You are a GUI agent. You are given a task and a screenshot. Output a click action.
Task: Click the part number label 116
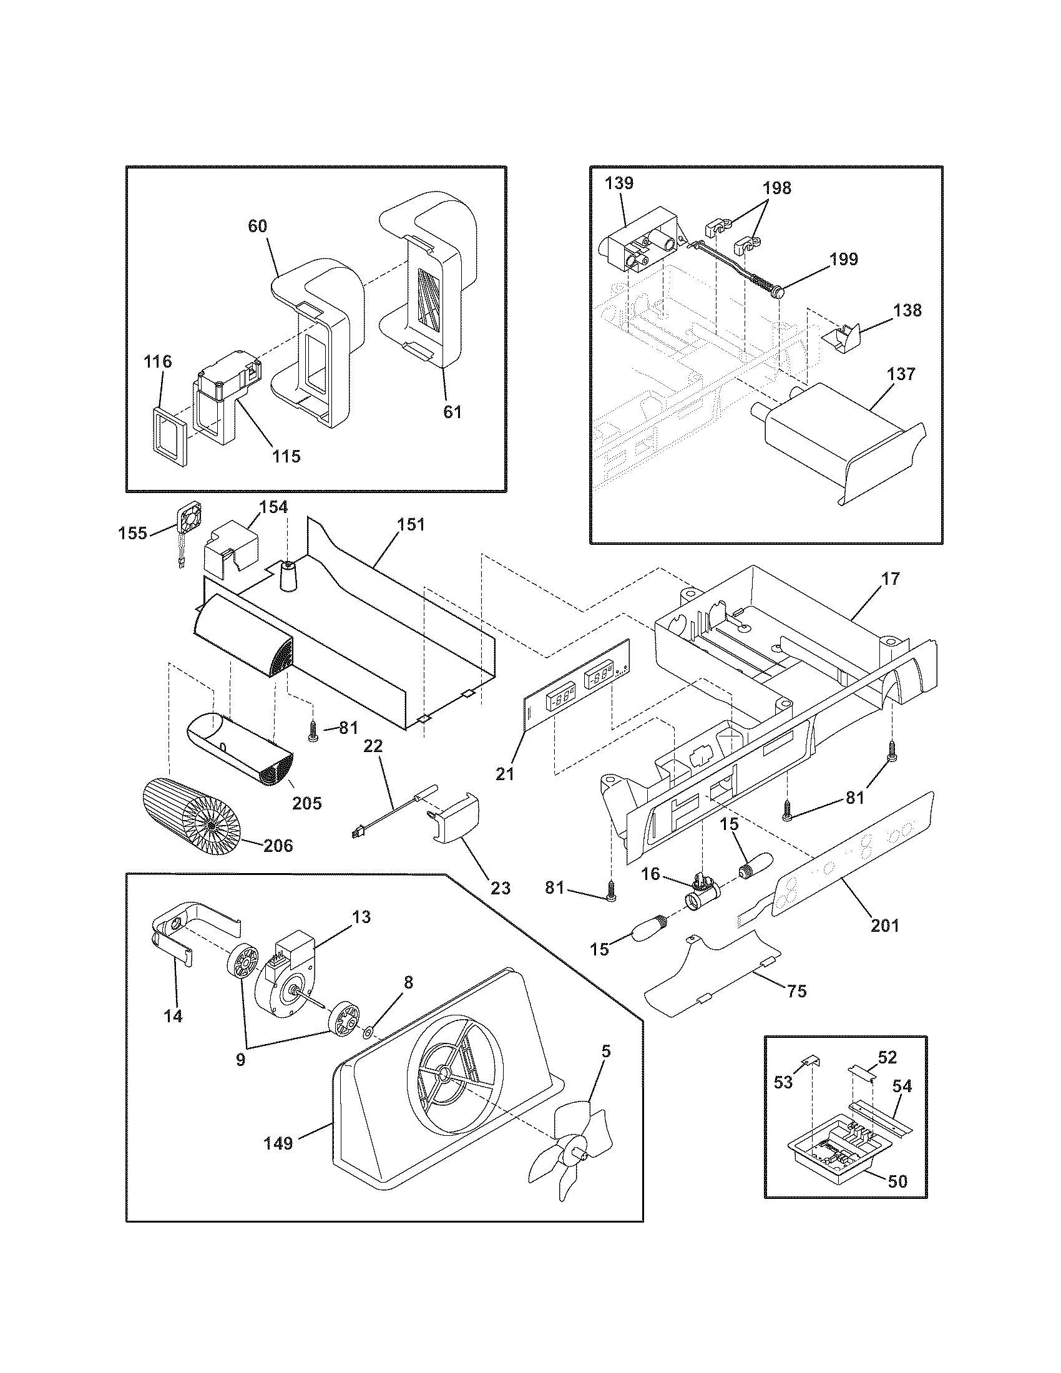coord(157,361)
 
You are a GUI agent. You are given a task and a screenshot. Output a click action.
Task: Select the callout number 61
coord(452,412)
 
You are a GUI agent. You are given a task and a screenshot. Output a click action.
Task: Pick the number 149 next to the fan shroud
coord(278,1143)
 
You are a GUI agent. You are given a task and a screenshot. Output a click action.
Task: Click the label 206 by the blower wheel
coord(278,846)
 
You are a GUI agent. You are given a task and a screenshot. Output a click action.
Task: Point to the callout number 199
coord(844,259)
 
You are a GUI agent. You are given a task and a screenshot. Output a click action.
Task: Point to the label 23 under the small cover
coord(501,887)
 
